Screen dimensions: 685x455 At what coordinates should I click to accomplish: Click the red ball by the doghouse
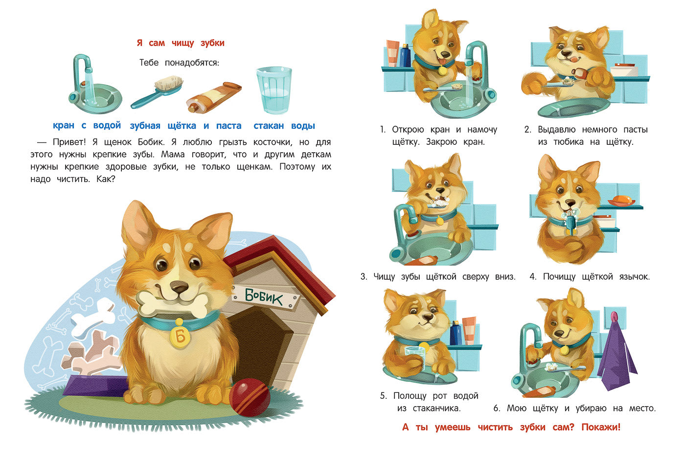point(250,397)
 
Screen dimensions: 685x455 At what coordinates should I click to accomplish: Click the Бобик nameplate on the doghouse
point(265,296)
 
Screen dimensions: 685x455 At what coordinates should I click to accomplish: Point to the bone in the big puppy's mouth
point(171,303)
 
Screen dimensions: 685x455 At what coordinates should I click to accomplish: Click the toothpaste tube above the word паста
point(214,97)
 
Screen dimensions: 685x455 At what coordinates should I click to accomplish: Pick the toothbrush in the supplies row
point(157,92)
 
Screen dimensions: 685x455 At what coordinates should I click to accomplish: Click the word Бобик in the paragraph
point(151,142)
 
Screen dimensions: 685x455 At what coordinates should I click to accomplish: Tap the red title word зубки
point(212,43)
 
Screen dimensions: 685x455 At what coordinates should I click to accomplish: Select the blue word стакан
point(269,126)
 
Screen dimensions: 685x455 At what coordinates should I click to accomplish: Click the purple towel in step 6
point(616,355)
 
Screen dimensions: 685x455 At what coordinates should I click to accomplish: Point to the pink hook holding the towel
point(614,317)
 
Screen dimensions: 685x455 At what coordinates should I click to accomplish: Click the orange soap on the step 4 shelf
point(620,200)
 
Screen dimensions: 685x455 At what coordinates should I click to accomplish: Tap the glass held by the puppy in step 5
point(415,356)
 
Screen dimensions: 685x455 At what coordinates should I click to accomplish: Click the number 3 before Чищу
point(363,277)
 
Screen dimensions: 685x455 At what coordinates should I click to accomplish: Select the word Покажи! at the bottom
point(601,427)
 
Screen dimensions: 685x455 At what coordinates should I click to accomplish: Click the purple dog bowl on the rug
point(92,386)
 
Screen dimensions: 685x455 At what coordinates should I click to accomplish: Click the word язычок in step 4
point(634,277)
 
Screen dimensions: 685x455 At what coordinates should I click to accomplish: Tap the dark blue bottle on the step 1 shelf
point(405,55)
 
